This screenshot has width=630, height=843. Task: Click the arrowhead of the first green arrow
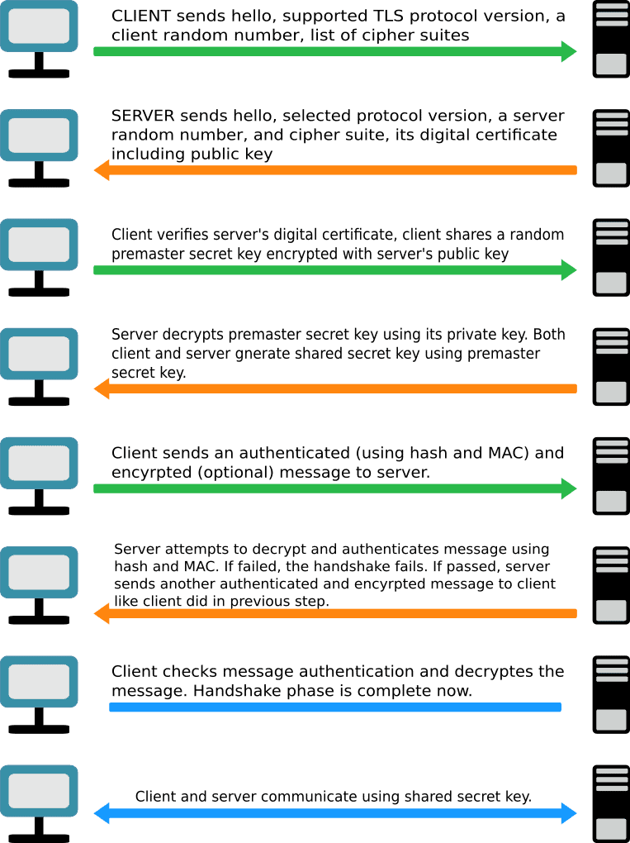[569, 51]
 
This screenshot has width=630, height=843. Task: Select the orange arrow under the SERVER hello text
[335, 170]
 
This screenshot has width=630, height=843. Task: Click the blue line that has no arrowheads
[335, 707]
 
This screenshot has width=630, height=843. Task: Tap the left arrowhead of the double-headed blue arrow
[102, 813]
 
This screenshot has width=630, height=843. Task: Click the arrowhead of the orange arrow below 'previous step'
[102, 613]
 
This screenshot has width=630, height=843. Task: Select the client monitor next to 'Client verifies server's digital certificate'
[39, 245]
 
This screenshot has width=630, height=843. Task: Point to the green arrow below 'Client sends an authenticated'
[335, 488]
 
